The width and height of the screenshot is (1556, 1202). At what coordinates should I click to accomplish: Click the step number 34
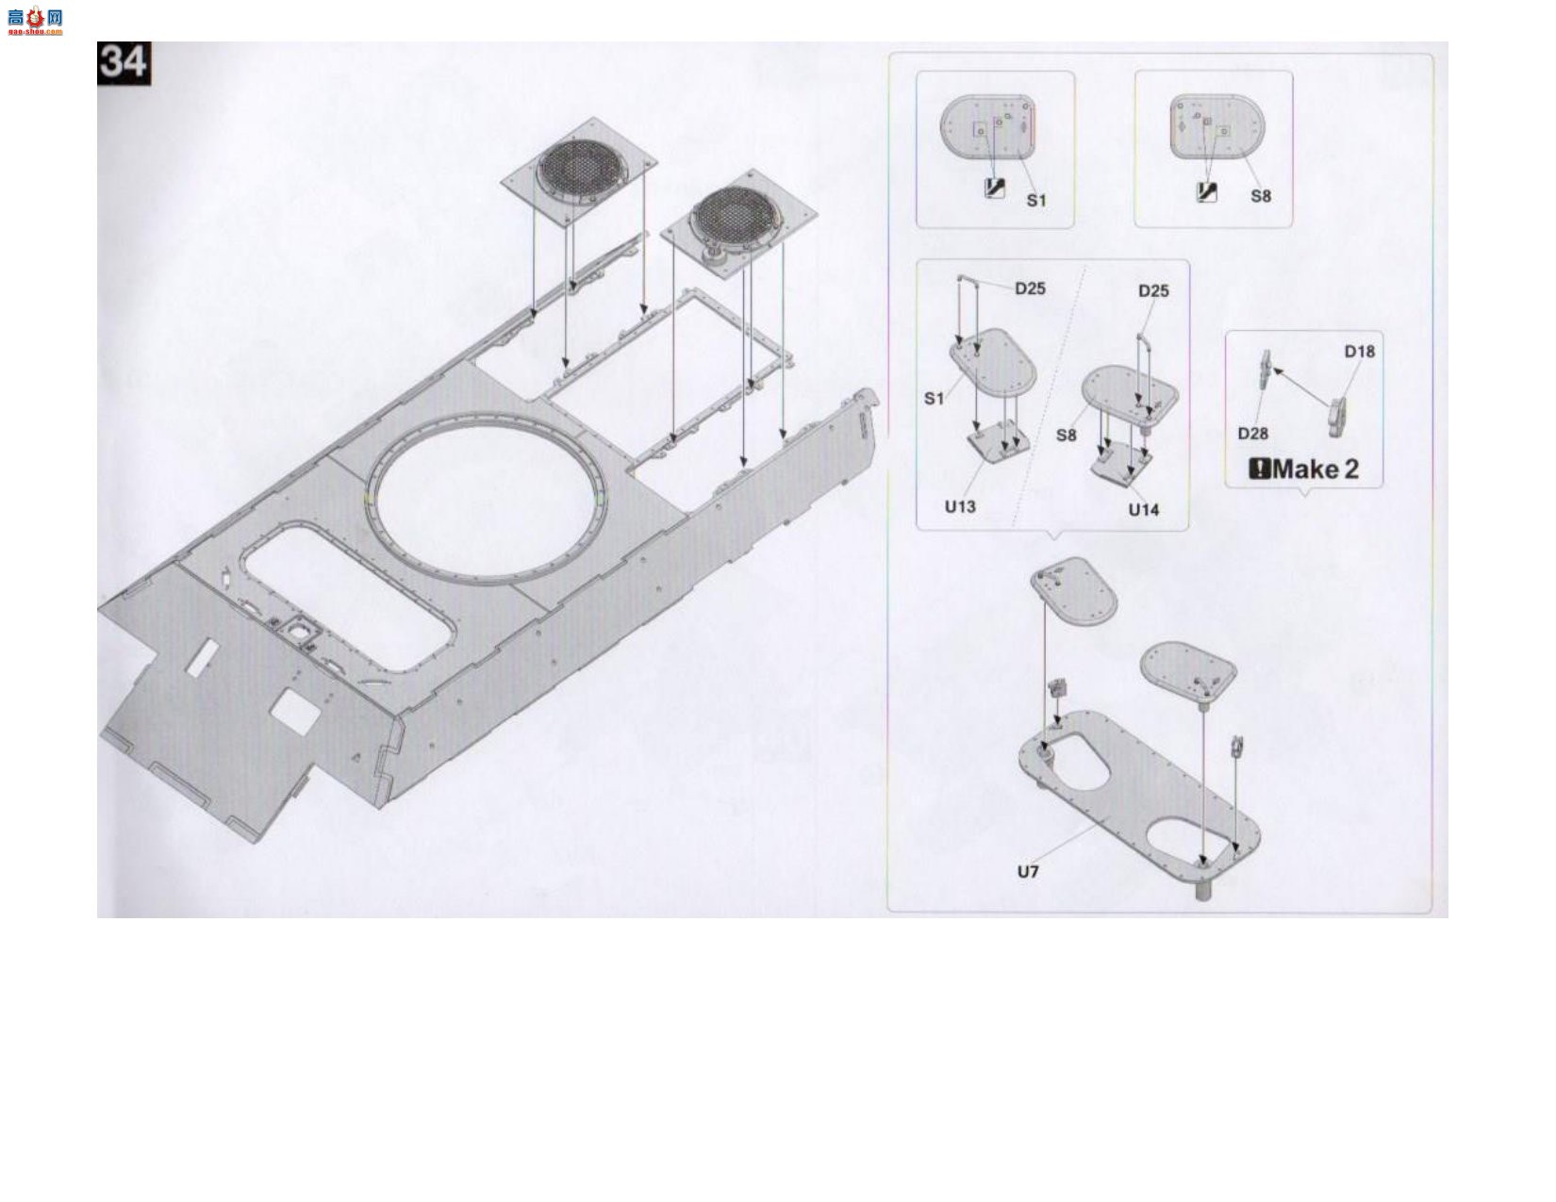pos(124,63)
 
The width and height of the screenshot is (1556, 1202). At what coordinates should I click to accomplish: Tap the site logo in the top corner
pos(35,21)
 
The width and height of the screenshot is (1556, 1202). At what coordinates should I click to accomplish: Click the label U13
pos(959,507)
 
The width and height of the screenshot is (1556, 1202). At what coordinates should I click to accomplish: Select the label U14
pos(1144,510)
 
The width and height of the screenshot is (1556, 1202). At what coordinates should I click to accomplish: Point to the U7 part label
pos(1028,871)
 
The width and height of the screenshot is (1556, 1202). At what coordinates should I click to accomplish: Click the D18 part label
pos(1359,352)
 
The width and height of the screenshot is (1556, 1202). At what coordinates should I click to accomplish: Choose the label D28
pos(1252,433)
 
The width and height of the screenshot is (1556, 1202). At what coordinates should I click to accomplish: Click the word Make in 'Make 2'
pos(1306,469)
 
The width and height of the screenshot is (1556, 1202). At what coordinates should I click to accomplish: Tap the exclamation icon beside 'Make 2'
pos(1260,469)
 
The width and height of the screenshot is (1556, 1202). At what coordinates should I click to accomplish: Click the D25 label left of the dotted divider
pos(1030,288)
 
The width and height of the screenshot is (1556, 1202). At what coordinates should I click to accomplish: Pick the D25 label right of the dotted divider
pos(1153,291)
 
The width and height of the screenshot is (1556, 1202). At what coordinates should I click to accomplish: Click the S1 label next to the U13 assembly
pos(934,399)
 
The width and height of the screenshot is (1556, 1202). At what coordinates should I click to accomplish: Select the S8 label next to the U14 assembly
pos(1067,436)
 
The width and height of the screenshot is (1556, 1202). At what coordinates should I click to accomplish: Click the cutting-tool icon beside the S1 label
pos(995,188)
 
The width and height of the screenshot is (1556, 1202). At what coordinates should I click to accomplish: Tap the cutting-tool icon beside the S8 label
pos(1206,192)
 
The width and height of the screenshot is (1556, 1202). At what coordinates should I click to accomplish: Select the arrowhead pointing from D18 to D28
pos(1276,370)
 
